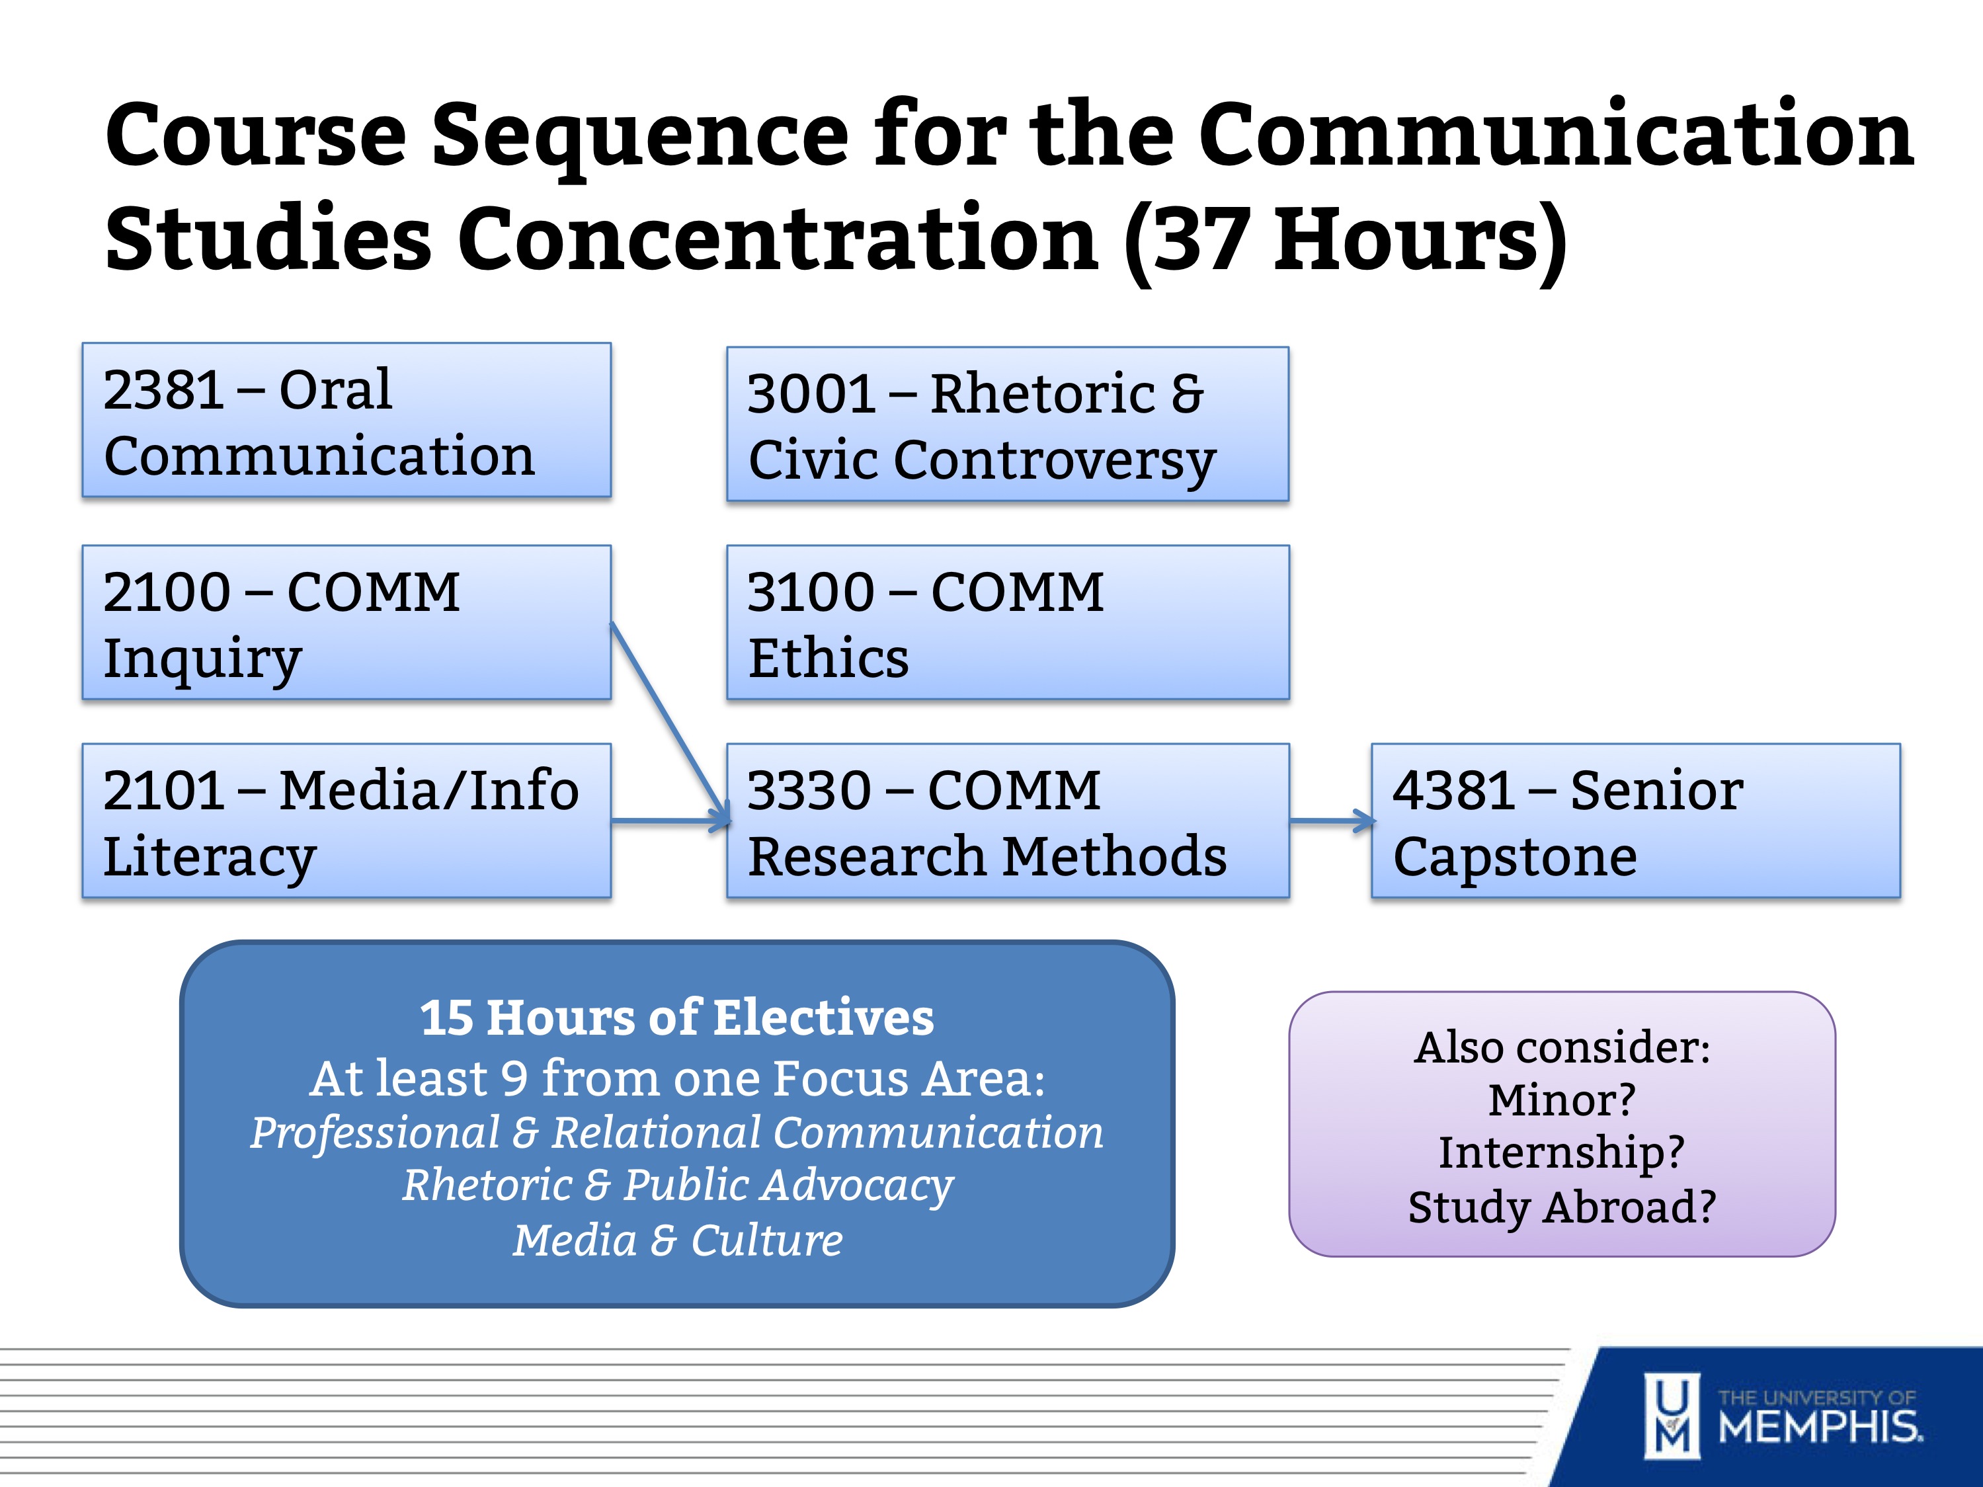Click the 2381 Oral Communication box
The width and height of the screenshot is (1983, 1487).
tap(346, 419)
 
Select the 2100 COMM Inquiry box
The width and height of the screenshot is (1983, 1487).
tap(346, 622)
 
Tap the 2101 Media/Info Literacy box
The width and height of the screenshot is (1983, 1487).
tap(346, 820)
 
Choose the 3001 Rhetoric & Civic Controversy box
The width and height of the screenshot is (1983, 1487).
tap(1008, 424)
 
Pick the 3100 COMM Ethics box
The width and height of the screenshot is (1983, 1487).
tap(1008, 622)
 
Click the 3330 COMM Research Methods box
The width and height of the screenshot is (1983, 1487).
tap(1008, 820)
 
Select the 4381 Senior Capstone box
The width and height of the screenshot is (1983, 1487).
tap(1636, 820)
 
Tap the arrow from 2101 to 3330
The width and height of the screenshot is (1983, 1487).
tap(670, 820)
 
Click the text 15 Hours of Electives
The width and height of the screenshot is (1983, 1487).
tap(677, 1018)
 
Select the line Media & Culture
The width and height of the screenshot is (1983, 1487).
tap(678, 1240)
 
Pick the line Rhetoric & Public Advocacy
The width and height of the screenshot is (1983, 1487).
tap(678, 1186)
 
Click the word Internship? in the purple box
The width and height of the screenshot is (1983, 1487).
tap(1562, 1152)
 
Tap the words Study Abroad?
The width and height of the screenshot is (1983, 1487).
tap(1562, 1207)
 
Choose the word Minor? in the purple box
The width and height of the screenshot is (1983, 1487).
tap(1562, 1100)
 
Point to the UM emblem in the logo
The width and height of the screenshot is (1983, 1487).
tap(1672, 1416)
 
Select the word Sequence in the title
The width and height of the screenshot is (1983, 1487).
tap(640, 136)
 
